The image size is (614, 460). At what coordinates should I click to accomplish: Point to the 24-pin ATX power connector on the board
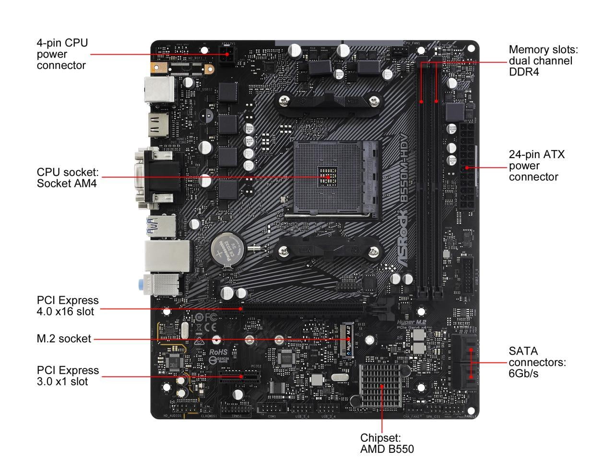point(466,168)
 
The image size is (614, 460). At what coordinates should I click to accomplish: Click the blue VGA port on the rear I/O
point(156,177)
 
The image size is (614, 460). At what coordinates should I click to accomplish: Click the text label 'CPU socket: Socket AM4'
point(68,177)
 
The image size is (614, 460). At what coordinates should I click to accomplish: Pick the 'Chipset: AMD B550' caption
point(387,443)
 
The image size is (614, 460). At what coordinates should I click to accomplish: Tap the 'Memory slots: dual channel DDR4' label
point(543,61)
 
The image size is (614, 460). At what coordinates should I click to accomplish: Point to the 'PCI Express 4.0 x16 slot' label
point(68,306)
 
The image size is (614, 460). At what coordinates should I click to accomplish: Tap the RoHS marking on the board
point(218,352)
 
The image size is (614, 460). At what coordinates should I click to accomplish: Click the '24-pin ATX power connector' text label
point(537,166)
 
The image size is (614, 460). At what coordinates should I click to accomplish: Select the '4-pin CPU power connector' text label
point(62,54)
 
